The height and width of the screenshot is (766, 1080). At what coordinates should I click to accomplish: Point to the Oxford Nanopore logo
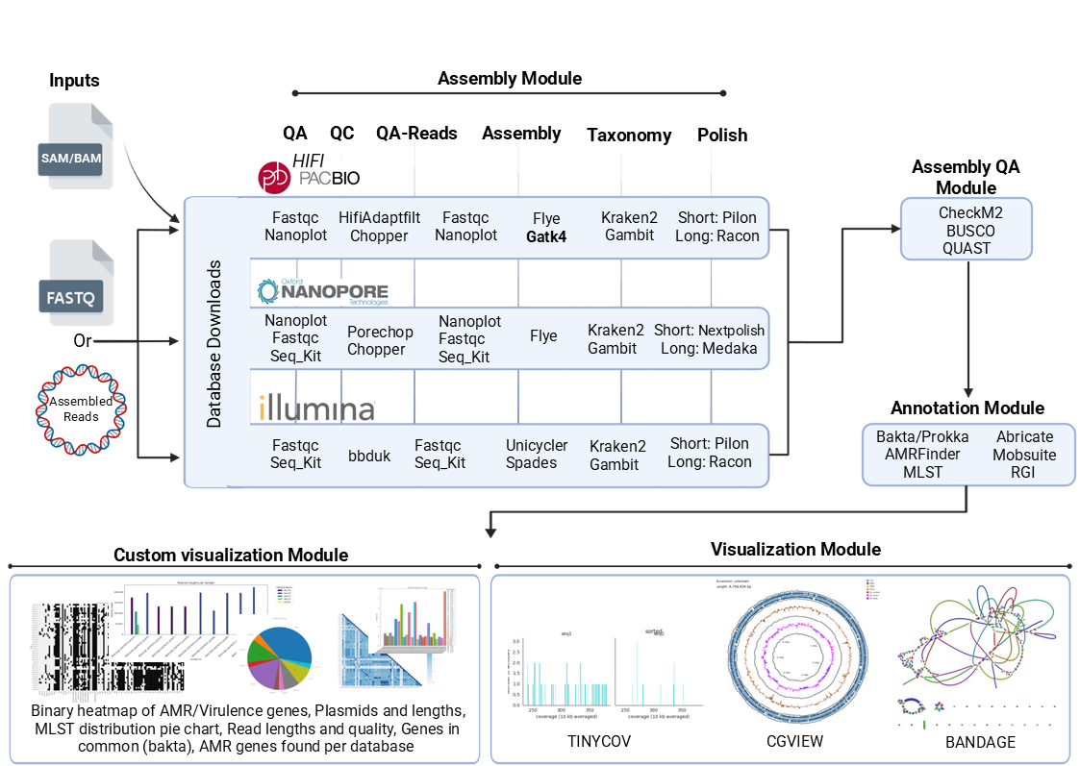click(x=322, y=292)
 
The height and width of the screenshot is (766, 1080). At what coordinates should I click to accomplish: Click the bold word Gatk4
click(x=545, y=235)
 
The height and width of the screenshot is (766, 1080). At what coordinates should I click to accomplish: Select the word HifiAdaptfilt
click(x=379, y=218)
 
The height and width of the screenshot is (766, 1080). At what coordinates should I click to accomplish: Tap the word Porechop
click(x=380, y=332)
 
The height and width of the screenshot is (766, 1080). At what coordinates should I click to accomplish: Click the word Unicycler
click(x=537, y=445)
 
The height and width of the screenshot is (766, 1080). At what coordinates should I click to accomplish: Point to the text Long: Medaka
click(x=710, y=348)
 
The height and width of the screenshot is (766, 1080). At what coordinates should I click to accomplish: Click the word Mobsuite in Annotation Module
click(x=1024, y=454)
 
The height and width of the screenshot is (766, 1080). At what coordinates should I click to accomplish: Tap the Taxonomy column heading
click(x=629, y=136)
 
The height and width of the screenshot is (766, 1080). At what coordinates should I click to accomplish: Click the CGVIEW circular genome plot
click(x=792, y=654)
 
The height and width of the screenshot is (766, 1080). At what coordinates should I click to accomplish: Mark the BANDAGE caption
click(x=980, y=741)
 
